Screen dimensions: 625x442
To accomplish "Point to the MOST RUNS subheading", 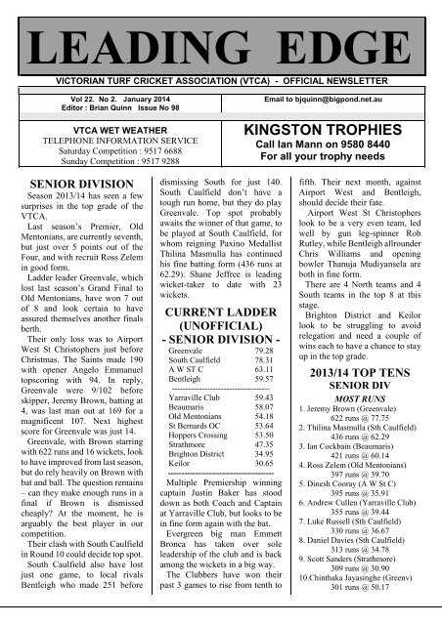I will tap(358, 373).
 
